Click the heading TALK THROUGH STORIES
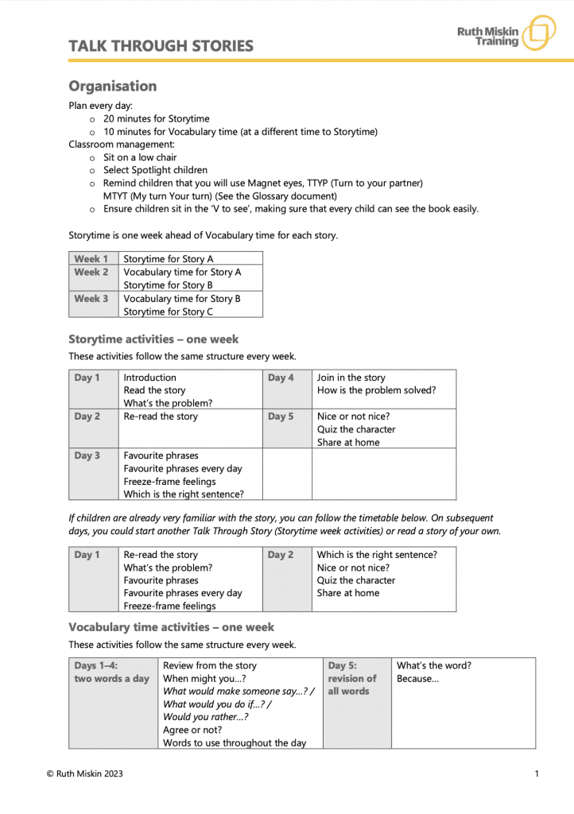(x=161, y=46)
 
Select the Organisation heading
(x=112, y=86)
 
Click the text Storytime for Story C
(x=168, y=312)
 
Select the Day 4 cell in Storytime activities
(x=281, y=378)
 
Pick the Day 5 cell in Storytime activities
(x=281, y=417)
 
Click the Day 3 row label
(x=87, y=456)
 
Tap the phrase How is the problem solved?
(x=376, y=390)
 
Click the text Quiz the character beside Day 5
(x=355, y=429)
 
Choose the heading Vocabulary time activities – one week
(x=171, y=627)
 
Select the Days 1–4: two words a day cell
(x=111, y=673)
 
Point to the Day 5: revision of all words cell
(x=352, y=678)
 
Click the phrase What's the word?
(x=433, y=665)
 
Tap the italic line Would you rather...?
(x=205, y=717)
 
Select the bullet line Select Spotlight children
(x=155, y=170)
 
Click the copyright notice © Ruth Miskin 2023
(x=84, y=773)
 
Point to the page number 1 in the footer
(x=537, y=773)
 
